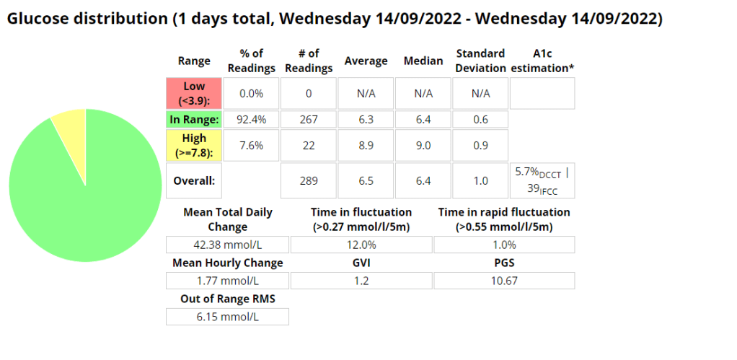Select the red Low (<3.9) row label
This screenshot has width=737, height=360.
tap(194, 93)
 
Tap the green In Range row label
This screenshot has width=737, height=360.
tap(194, 119)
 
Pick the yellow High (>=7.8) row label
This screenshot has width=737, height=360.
tap(194, 145)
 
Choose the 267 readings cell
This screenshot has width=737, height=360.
tap(308, 119)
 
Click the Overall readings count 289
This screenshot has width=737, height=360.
tap(308, 181)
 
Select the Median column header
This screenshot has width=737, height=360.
tap(423, 61)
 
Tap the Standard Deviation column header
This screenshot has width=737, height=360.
tap(480, 61)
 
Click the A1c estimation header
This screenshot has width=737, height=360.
tap(542, 61)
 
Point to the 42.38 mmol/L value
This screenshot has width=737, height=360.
tap(227, 245)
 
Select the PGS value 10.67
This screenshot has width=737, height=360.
tap(504, 281)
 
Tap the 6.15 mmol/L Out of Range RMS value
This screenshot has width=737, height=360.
tap(227, 317)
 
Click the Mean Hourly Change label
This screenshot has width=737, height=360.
tap(227, 263)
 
